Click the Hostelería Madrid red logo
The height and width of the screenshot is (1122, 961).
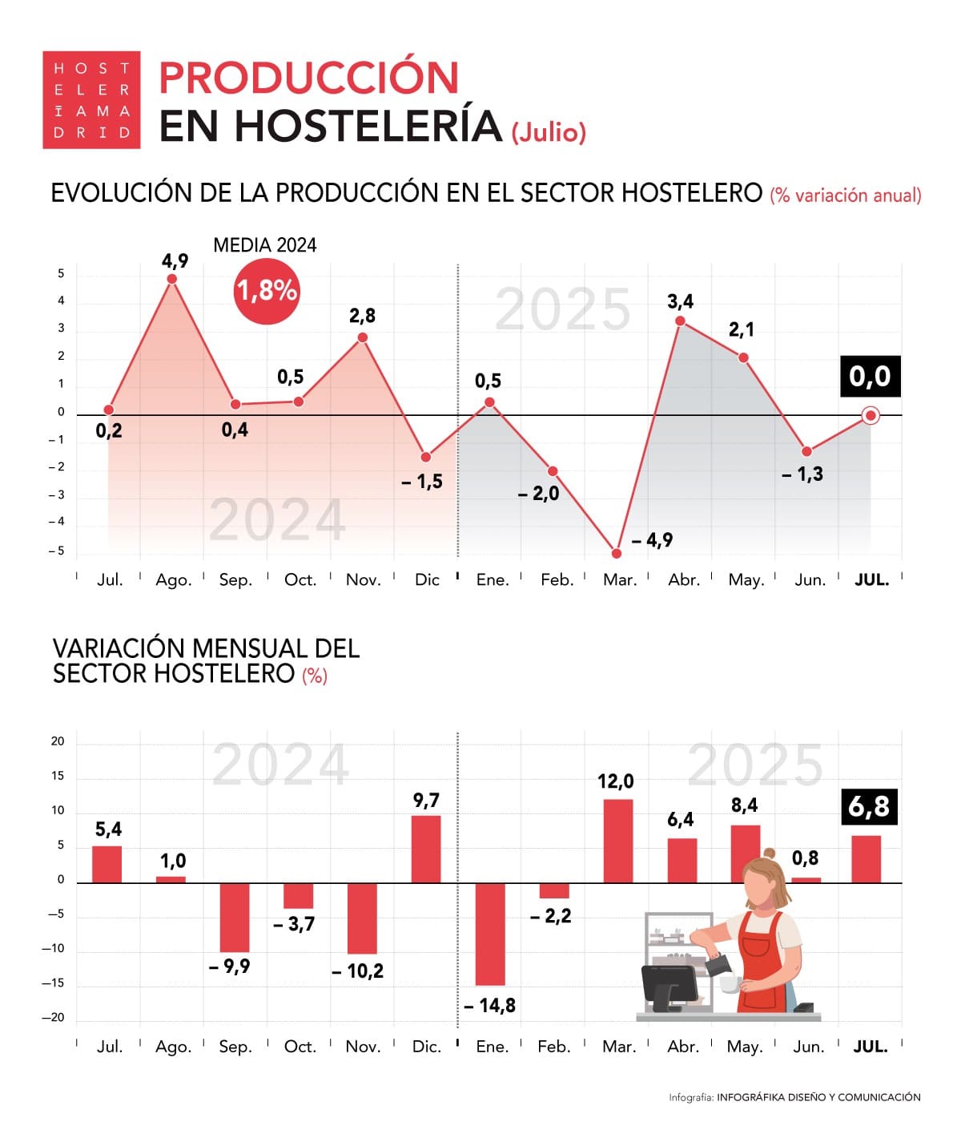tap(91, 100)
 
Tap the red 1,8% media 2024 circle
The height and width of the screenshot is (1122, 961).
tap(266, 290)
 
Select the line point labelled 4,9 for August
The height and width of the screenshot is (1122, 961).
tap(172, 279)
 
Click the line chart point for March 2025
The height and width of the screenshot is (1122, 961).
tap(616, 554)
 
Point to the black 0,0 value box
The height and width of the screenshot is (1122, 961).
tap(870, 376)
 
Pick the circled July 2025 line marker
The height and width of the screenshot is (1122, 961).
tap(871, 415)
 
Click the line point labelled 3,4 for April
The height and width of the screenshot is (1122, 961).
tap(680, 321)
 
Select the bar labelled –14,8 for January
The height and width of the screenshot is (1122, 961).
tap(490, 934)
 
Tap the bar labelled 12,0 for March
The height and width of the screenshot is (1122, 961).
tap(617, 841)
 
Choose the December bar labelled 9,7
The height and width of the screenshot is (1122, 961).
tap(426, 849)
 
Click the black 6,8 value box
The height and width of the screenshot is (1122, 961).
tap(869, 806)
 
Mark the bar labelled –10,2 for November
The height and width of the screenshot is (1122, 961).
tap(362, 918)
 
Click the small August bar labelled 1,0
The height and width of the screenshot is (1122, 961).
tap(171, 879)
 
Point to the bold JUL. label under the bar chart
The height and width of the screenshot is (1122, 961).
tap(871, 1047)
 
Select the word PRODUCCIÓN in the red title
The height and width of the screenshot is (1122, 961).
tap(309, 78)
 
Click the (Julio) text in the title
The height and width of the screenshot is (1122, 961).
tap(549, 131)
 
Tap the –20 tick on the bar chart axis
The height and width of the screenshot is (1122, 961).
tap(54, 1018)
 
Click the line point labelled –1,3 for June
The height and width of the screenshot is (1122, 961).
tap(806, 452)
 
